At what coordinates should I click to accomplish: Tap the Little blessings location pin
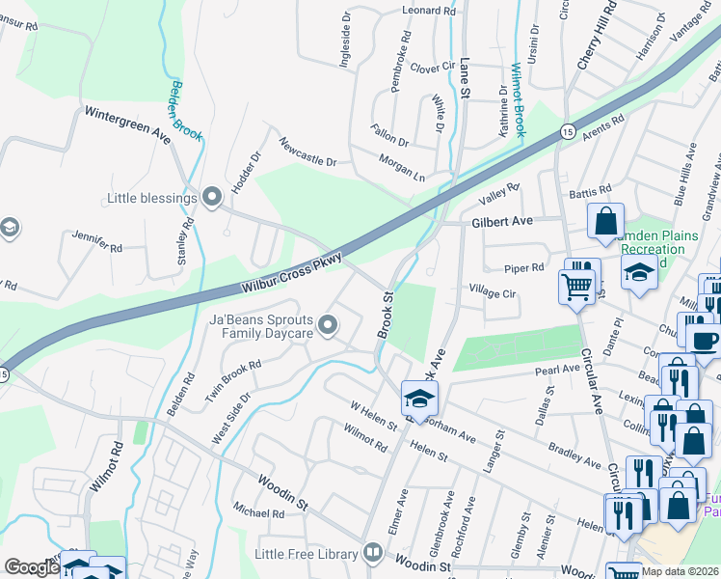[213, 198]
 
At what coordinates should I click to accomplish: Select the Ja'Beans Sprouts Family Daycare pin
[329, 325]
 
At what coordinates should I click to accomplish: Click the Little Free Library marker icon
[372, 553]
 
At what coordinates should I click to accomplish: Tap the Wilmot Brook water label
[518, 99]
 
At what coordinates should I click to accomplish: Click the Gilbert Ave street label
[502, 222]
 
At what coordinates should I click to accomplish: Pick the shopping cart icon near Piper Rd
[575, 287]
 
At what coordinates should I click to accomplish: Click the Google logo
[32, 567]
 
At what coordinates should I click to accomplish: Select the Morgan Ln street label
[401, 167]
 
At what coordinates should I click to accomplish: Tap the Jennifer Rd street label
[97, 241]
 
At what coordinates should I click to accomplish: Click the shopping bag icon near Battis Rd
[606, 221]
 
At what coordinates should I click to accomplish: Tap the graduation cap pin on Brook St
[419, 398]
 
